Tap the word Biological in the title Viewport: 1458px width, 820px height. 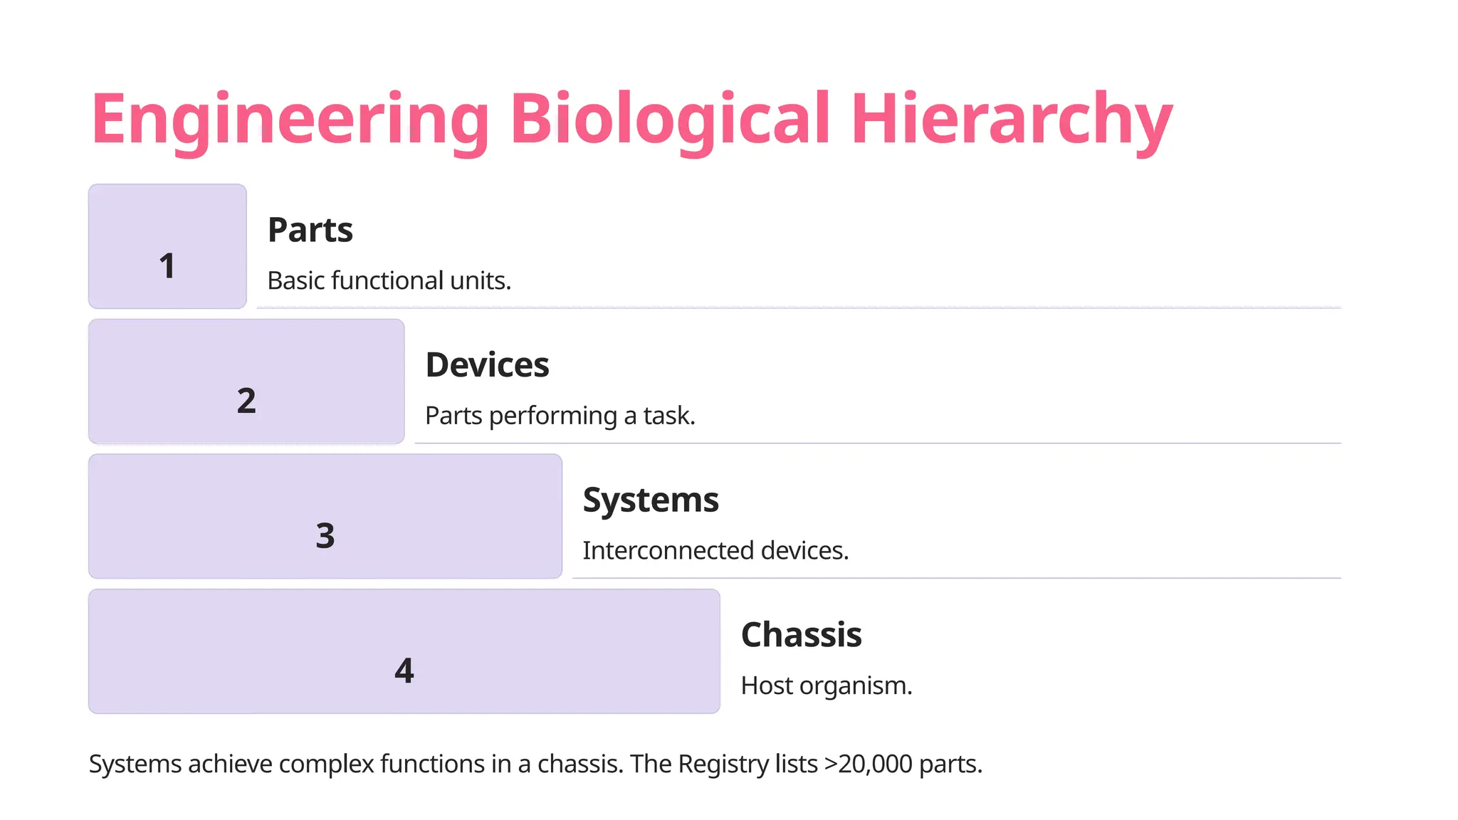pyautogui.click(x=670, y=120)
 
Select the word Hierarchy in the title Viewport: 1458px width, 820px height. pyautogui.click(x=1011, y=120)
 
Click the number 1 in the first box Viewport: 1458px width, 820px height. pyautogui.click(x=167, y=266)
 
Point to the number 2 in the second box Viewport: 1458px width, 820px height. pyautogui.click(x=246, y=401)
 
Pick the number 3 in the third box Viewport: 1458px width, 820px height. pyautogui.click(x=325, y=536)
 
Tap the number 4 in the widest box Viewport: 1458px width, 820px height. pyautogui.click(x=404, y=671)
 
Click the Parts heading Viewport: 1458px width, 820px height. pyautogui.click(x=310, y=230)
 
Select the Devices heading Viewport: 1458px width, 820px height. pyautogui.click(x=487, y=365)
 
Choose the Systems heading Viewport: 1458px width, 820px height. pyautogui.click(x=651, y=500)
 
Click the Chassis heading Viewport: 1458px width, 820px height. pyautogui.click(x=801, y=635)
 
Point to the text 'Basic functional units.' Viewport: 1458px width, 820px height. pyautogui.click(x=389, y=280)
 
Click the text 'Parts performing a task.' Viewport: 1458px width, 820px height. pyautogui.click(x=560, y=416)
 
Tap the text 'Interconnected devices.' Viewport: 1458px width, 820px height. pyautogui.click(x=715, y=550)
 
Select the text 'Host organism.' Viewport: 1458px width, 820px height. pyautogui.click(x=826, y=685)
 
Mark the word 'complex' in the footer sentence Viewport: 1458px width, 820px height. pyautogui.click(x=326, y=764)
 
